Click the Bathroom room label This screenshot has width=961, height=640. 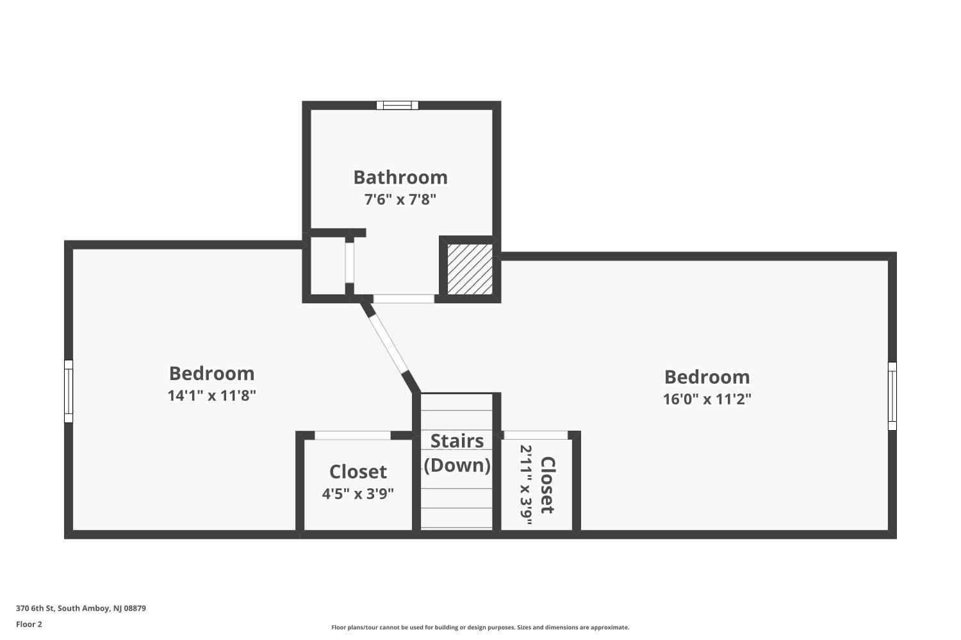pyautogui.click(x=400, y=177)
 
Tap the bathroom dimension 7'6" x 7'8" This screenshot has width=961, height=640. pyautogui.click(x=400, y=199)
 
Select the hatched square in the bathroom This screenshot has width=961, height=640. pyautogui.click(x=470, y=269)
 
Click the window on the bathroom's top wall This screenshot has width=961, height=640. pyautogui.click(x=397, y=105)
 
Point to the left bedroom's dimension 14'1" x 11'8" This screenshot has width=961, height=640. pyautogui.click(x=212, y=396)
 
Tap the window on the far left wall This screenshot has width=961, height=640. pyautogui.click(x=69, y=391)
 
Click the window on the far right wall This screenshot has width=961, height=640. pyautogui.click(x=892, y=396)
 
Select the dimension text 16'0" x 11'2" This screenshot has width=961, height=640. pyautogui.click(x=707, y=399)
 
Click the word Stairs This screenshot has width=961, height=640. pyautogui.click(x=457, y=441)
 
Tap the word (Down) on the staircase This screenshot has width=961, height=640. pyautogui.click(x=457, y=465)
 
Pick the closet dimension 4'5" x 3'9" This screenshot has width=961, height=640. pyautogui.click(x=357, y=494)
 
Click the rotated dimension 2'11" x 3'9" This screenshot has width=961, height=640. pyautogui.click(x=526, y=485)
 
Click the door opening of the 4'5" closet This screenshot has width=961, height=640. pyautogui.click(x=352, y=435)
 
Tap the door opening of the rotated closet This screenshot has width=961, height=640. pyautogui.click(x=536, y=435)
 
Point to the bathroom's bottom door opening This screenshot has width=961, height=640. pyautogui.click(x=404, y=299)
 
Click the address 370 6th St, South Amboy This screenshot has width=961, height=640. pyautogui.click(x=81, y=608)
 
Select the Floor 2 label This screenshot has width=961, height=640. pyautogui.click(x=29, y=624)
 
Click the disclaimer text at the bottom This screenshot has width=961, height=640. pyautogui.click(x=480, y=627)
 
